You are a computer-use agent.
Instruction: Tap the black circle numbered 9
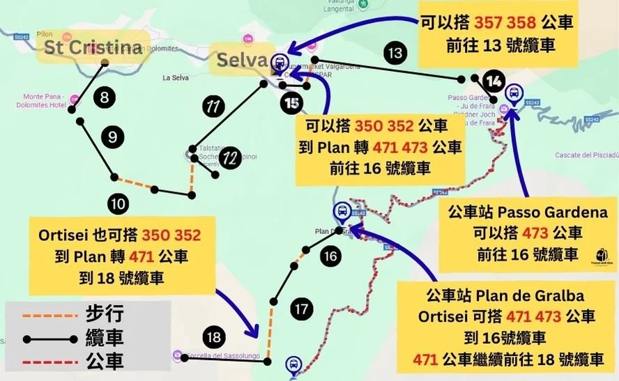112,137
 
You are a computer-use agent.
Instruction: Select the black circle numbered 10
118,203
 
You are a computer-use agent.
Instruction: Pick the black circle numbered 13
395,52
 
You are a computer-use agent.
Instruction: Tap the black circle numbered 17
301,309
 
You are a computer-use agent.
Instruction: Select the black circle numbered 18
215,339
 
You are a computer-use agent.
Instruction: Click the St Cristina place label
93,47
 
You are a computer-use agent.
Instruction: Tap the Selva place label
242,60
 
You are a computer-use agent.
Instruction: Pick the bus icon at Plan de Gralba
342,211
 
